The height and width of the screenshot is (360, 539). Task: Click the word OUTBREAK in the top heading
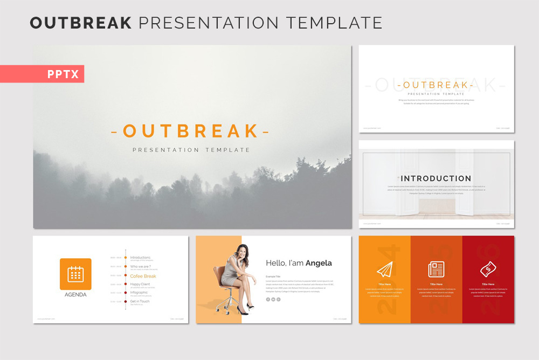[x=81, y=23]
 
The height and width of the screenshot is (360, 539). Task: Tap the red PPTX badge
[x=63, y=74]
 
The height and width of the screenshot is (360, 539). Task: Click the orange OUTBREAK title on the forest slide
[x=190, y=131]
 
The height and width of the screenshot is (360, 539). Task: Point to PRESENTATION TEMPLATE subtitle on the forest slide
[x=191, y=150]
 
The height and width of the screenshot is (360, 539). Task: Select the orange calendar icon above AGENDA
[x=75, y=274]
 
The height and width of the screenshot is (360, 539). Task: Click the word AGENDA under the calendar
[x=75, y=295]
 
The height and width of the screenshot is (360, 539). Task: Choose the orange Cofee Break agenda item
[x=143, y=276]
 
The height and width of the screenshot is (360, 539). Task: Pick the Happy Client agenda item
[x=140, y=283]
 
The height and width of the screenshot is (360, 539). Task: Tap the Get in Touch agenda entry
[x=140, y=301]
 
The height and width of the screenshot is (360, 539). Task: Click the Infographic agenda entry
[x=139, y=293]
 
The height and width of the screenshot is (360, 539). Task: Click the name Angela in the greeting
[x=319, y=263]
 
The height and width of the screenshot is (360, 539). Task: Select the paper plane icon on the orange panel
[x=384, y=269]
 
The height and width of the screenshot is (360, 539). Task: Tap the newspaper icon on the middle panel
[x=436, y=269]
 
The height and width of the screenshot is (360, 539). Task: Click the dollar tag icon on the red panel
[x=488, y=268]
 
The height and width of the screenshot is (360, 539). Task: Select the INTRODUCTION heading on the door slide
[x=436, y=178]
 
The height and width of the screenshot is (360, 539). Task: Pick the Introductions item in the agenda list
[x=140, y=258]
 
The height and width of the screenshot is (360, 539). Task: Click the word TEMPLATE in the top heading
[x=334, y=23]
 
